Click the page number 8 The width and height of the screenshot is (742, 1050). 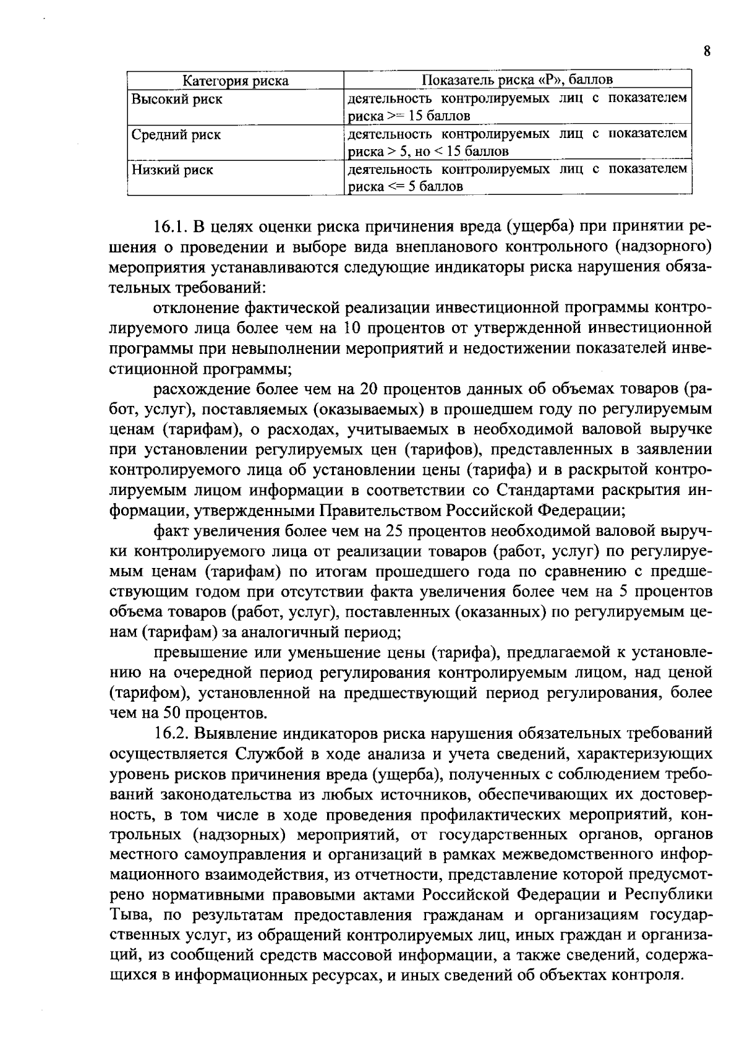(706, 51)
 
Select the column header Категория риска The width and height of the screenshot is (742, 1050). (236, 81)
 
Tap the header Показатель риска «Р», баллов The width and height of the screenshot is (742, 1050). (517, 80)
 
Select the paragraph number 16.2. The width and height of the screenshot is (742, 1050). (173, 734)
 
